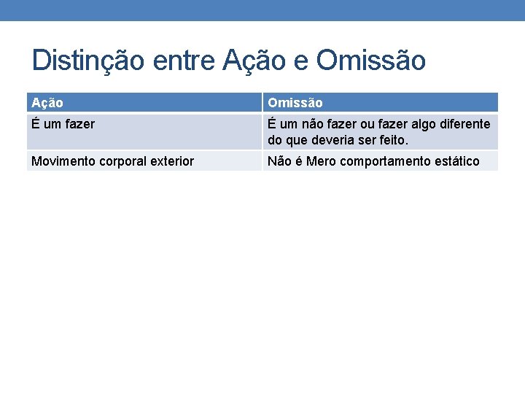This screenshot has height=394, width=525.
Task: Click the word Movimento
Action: coord(63,161)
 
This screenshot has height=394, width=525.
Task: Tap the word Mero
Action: coord(322,161)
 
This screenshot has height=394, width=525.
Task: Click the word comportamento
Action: coord(389,161)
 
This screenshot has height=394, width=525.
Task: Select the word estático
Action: coord(458,161)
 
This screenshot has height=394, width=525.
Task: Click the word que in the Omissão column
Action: coord(299,139)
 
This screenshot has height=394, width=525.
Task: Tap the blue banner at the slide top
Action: coord(262,10)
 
